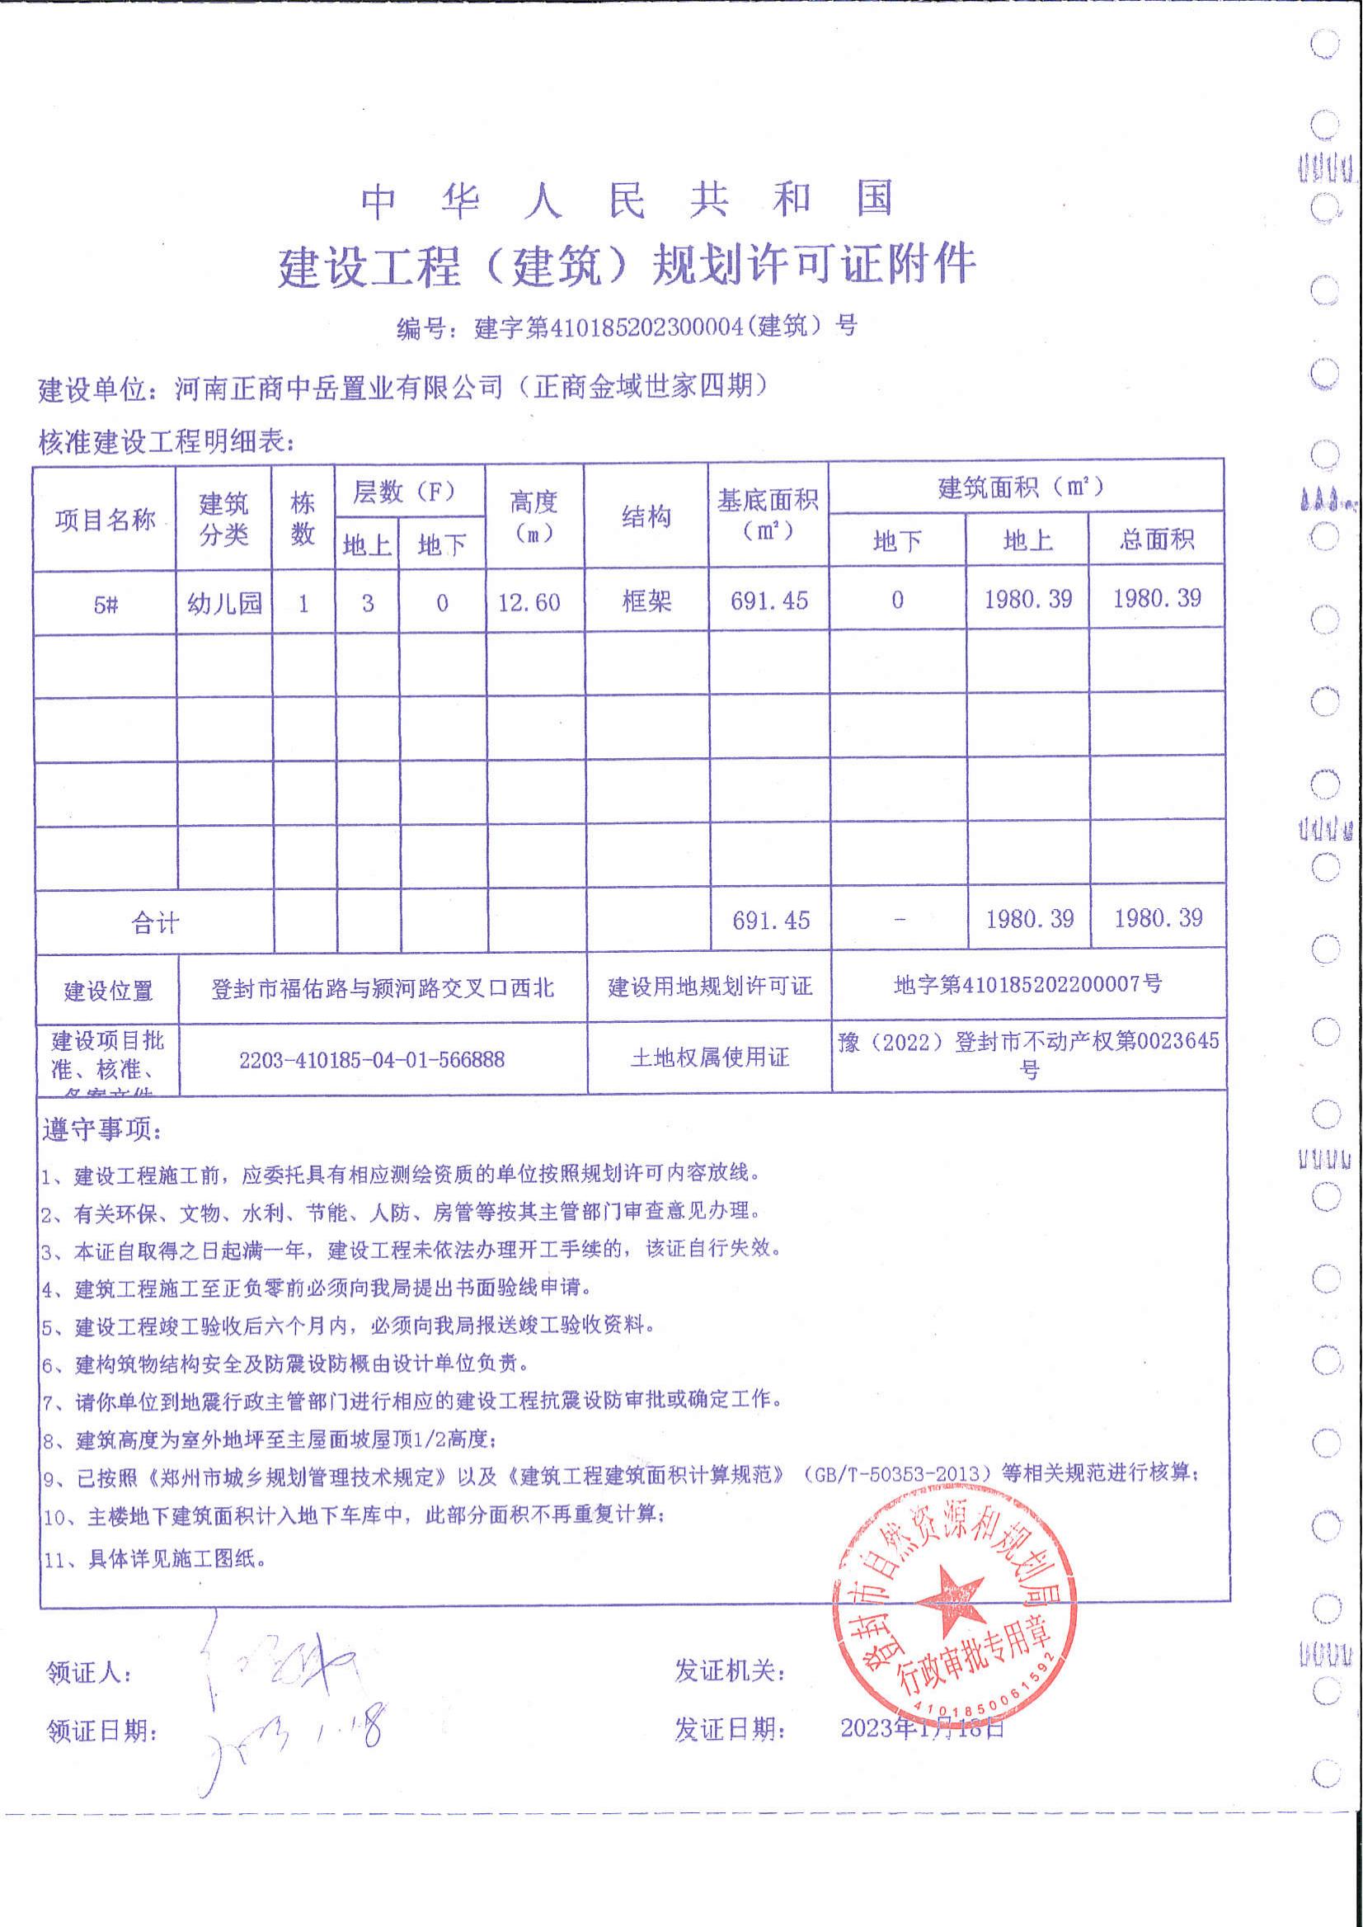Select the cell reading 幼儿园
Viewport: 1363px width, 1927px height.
(224, 603)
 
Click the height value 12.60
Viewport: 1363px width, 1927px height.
(529, 602)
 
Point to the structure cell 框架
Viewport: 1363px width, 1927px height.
(646, 601)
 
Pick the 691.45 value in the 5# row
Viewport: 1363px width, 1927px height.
(768, 601)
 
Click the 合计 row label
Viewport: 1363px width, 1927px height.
(155, 924)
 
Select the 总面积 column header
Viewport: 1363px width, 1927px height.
(1156, 539)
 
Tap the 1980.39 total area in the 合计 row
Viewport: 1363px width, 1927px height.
(1158, 918)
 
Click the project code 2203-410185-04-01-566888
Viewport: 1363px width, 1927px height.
(372, 1060)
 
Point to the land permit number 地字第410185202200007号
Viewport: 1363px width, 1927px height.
(1027, 983)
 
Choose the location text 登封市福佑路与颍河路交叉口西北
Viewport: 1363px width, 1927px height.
(382, 988)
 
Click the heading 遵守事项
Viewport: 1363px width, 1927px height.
(101, 1130)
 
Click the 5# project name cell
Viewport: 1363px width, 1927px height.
(105, 604)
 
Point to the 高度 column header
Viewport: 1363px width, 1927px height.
(533, 516)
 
